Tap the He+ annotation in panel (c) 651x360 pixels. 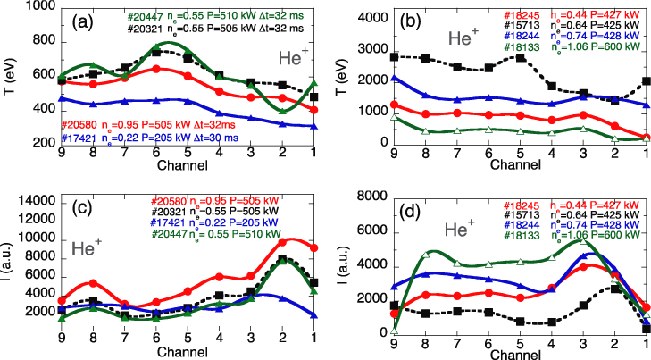tap(89, 248)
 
